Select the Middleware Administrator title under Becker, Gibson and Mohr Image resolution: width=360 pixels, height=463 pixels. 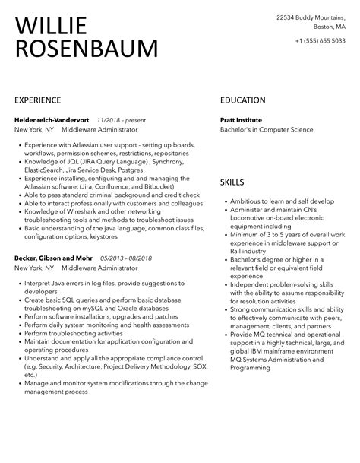pyautogui.click(x=99, y=268)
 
